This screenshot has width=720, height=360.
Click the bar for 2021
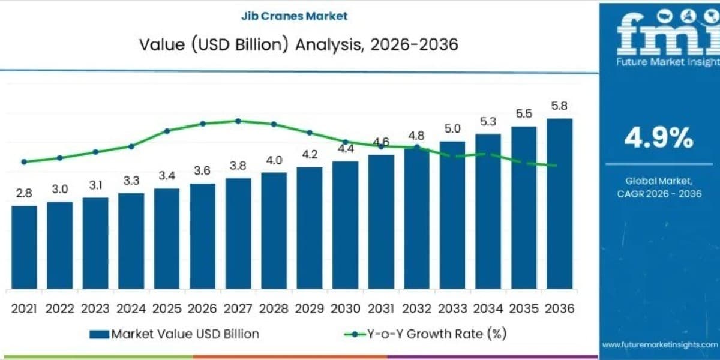tap(24, 247)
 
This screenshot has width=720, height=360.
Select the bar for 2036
tap(559, 204)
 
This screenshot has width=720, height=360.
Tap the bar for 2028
tap(274, 230)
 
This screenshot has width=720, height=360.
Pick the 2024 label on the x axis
tap(131, 309)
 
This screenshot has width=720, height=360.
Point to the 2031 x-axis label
tap(381, 309)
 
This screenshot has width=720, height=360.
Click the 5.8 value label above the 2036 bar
tap(559, 106)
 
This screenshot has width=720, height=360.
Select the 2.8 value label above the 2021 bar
tap(24, 193)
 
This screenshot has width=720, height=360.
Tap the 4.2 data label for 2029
tap(310, 155)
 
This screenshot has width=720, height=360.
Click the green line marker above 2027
tap(238, 121)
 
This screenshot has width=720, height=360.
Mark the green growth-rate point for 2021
tap(24, 161)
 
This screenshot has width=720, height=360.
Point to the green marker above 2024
tap(131, 146)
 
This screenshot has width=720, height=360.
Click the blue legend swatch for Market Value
tap(100, 334)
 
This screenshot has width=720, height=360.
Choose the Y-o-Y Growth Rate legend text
tap(437, 334)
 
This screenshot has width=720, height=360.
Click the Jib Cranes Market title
tap(294, 16)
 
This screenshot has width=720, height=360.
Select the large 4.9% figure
tap(659, 138)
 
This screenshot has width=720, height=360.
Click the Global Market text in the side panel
tap(659, 181)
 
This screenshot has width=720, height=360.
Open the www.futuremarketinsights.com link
tap(660, 344)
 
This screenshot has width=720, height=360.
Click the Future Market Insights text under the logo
tap(668, 62)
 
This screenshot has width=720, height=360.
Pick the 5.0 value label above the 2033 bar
tap(452, 129)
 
